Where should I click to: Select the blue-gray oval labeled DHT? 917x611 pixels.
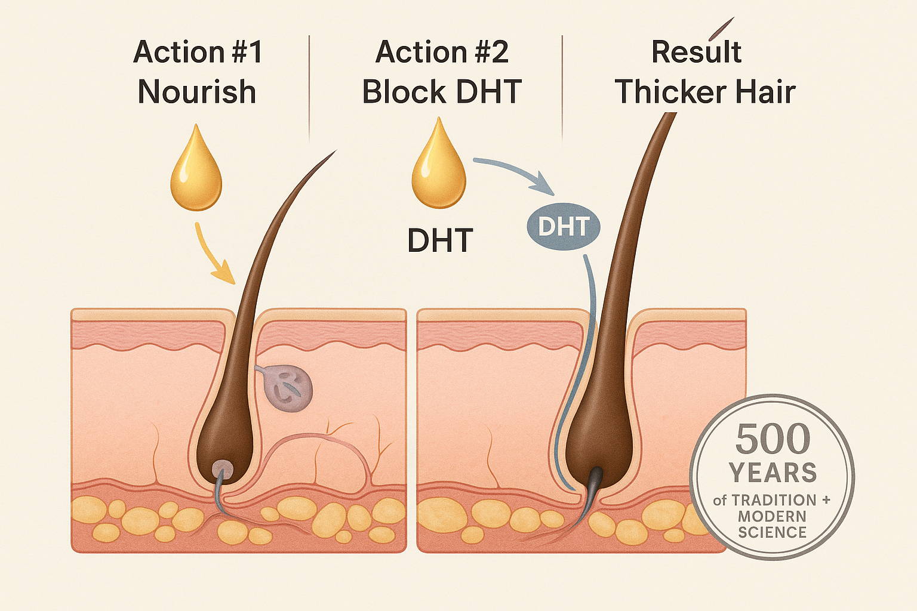[563, 227]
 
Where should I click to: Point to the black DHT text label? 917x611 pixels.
[440, 240]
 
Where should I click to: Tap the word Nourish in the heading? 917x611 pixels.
[197, 92]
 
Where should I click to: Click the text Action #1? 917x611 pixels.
[198, 52]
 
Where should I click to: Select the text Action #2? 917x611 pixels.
[442, 52]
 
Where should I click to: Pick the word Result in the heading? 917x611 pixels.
[696, 52]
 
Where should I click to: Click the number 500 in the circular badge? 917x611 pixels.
[773, 439]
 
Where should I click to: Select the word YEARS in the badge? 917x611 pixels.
[773, 473]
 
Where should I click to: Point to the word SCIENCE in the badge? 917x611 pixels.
[773, 532]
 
